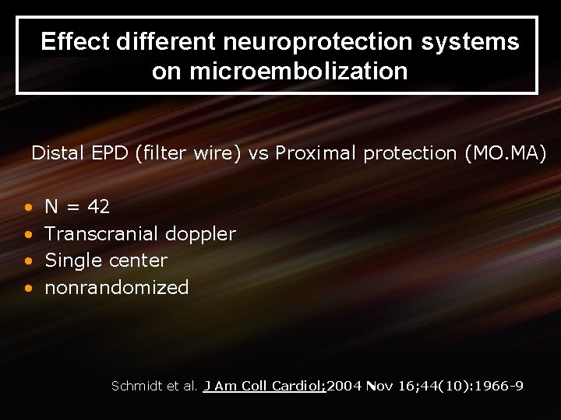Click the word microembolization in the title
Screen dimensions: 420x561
click(280, 72)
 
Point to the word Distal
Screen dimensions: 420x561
click(57, 153)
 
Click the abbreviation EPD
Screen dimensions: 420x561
click(109, 153)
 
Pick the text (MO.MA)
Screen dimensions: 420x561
click(505, 153)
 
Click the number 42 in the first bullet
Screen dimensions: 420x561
click(98, 207)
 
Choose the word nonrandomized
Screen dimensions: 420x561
click(117, 287)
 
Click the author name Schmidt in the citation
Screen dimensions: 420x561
click(136, 386)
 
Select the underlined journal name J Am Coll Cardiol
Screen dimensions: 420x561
click(265, 386)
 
